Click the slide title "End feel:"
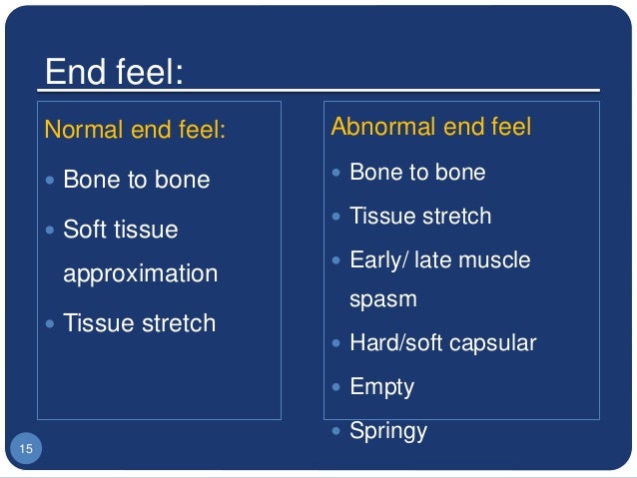(114, 75)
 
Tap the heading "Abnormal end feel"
(430, 127)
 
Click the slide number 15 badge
(26, 450)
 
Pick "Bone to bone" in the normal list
(136, 180)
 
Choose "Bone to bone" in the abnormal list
(417, 173)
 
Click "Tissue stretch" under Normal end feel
(139, 323)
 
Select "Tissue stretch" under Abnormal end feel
(420, 217)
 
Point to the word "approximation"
(140, 273)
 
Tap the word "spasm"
(382, 298)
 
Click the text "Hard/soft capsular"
(442, 343)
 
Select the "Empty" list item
(381, 387)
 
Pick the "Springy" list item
(388, 431)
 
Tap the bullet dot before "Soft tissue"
(52, 231)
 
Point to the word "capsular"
(492, 343)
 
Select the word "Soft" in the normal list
(85, 230)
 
